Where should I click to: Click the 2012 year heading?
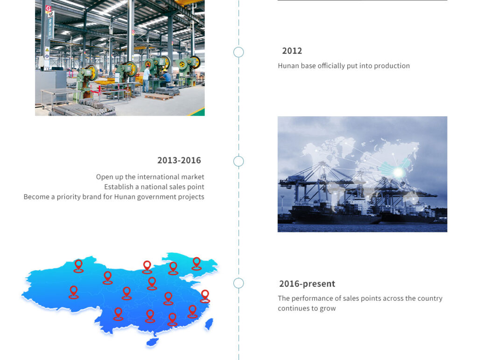(x=292, y=50)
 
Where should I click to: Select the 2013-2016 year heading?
(x=179, y=160)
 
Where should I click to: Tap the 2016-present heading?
(x=307, y=284)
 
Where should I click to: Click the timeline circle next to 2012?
(x=239, y=52)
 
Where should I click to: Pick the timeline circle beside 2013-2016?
(x=239, y=161)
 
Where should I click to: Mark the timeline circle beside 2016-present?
(x=239, y=283)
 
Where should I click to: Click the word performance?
(x=316, y=298)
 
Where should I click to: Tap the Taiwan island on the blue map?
(x=209, y=324)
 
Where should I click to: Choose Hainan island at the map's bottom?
(x=152, y=342)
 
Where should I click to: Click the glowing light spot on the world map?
(x=398, y=173)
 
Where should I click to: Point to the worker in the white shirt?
(x=147, y=79)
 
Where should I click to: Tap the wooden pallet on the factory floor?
(x=159, y=97)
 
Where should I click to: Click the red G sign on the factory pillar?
(x=48, y=9)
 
